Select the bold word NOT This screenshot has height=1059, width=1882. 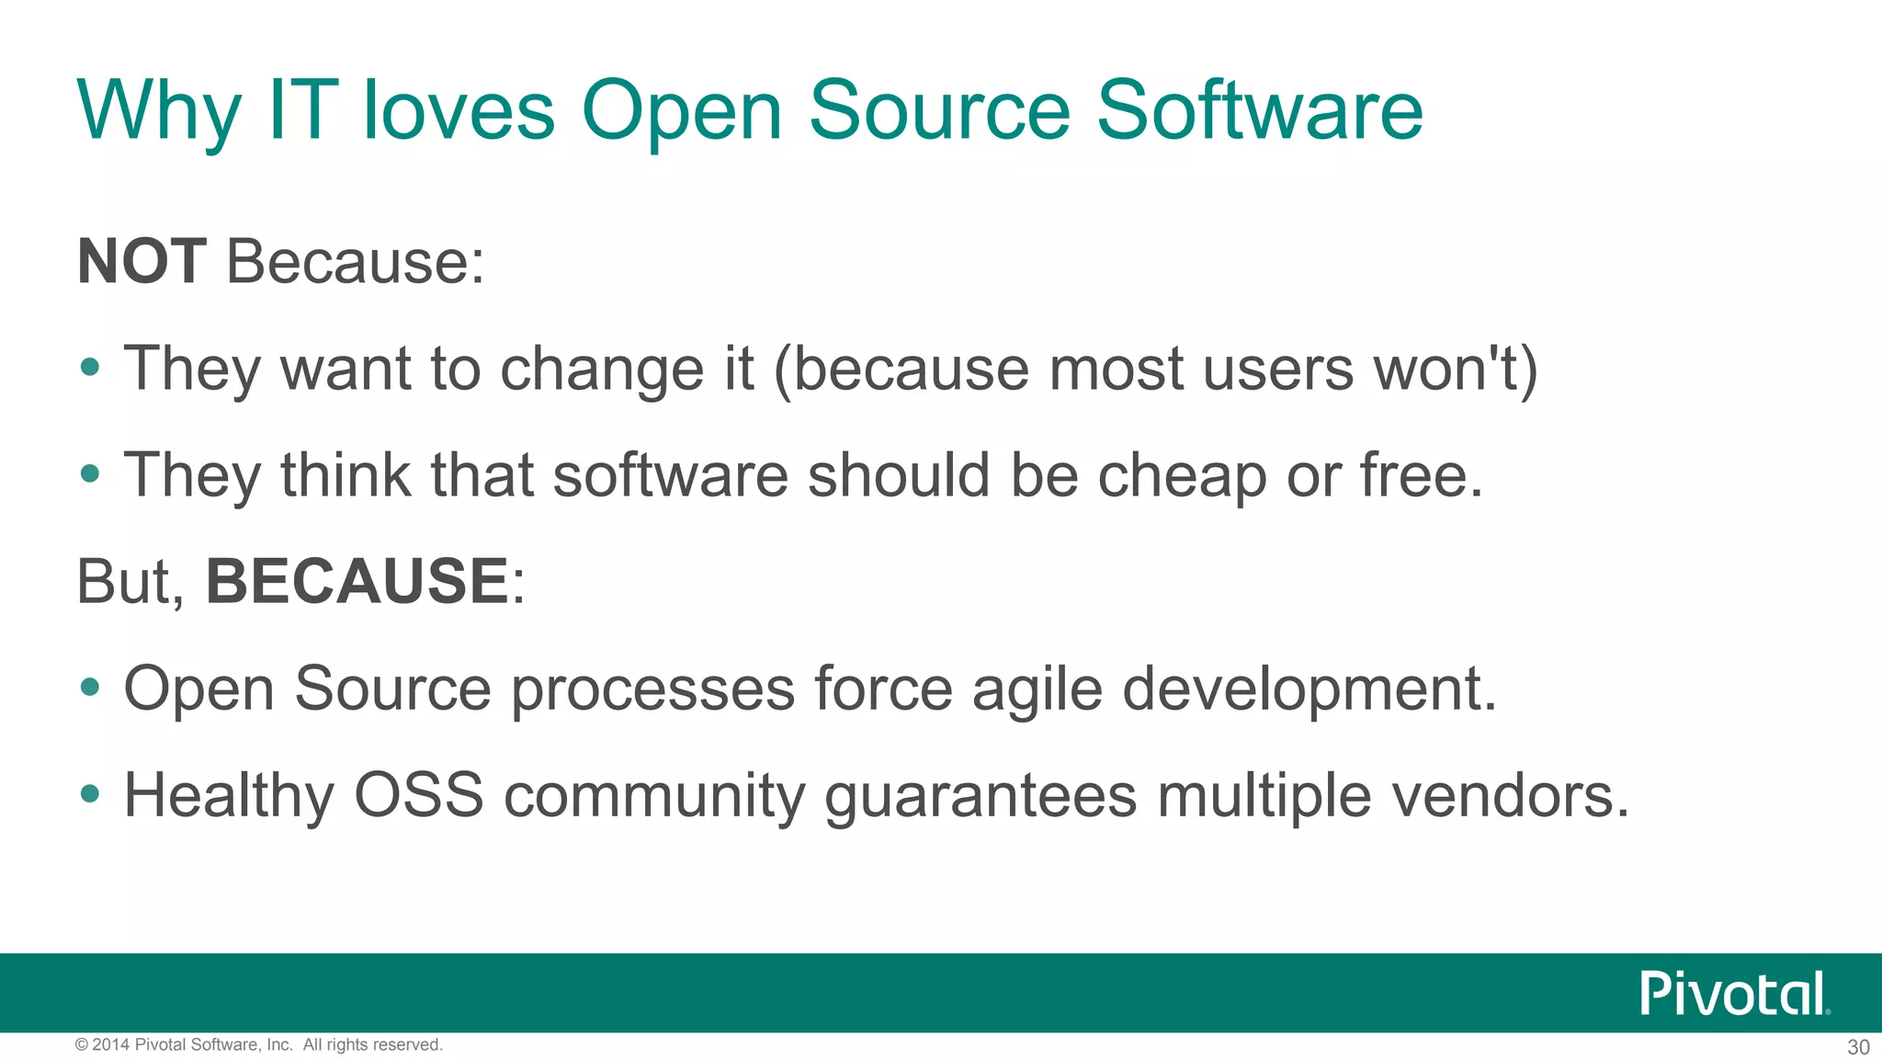[x=142, y=262]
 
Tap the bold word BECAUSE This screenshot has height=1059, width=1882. [x=357, y=581]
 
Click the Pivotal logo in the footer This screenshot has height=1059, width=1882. [x=1734, y=994]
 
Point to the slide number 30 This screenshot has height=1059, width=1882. [x=1858, y=1047]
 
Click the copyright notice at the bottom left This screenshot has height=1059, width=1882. [x=259, y=1045]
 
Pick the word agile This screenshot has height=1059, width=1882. [x=1037, y=689]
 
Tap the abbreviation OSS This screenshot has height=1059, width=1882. [x=418, y=795]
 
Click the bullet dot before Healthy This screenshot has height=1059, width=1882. [x=89, y=792]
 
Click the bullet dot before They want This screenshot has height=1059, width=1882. [x=89, y=367]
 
